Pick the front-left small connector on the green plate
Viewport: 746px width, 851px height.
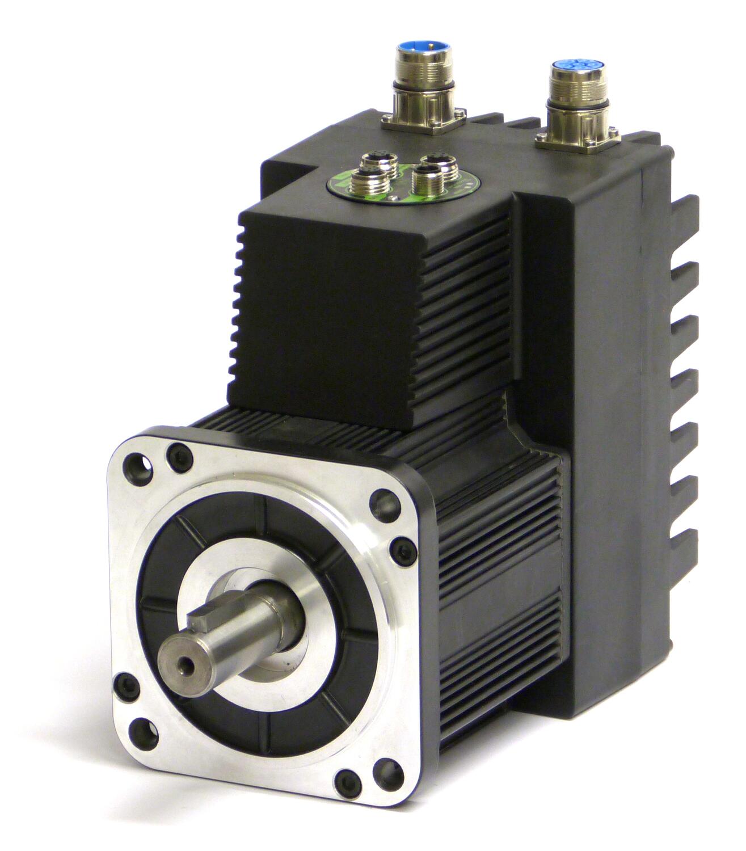tap(365, 183)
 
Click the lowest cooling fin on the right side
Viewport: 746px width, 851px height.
tap(686, 539)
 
